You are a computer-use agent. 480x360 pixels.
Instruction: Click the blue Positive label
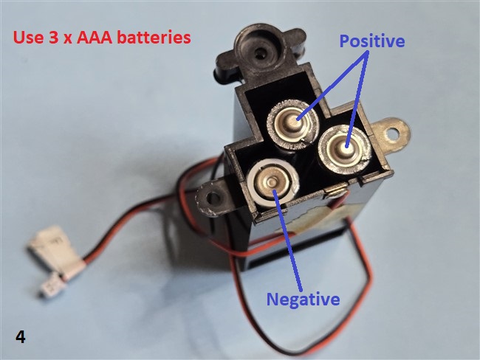[372, 41]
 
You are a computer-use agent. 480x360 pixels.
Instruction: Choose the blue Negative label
[303, 299]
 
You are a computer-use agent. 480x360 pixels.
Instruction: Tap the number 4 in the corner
[21, 337]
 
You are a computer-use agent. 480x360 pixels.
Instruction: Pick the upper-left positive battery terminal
[295, 122]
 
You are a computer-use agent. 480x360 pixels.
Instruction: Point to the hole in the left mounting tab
[214, 197]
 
